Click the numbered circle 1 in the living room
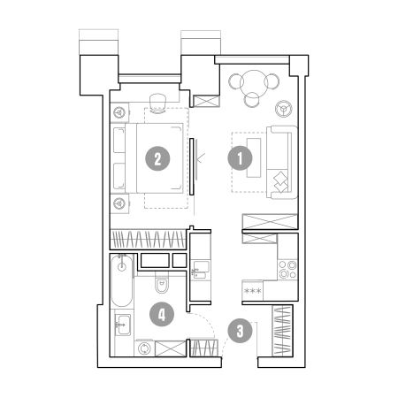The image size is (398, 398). click(x=240, y=158)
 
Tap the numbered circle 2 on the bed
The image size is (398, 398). click(x=157, y=159)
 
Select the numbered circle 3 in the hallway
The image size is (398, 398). click(x=241, y=331)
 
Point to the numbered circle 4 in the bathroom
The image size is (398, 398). click(x=162, y=314)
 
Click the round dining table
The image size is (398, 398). click(x=254, y=83)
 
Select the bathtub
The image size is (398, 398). click(x=122, y=280)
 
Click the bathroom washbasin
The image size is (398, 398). click(x=123, y=325)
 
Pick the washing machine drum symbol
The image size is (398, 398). click(x=144, y=348)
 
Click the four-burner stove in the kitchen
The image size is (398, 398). click(x=287, y=270)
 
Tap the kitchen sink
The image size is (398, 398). click(x=201, y=270)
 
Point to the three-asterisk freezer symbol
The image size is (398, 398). click(x=253, y=291)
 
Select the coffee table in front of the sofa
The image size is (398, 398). click(x=254, y=157)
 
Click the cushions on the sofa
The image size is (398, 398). click(x=280, y=181)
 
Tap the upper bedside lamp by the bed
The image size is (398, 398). click(x=119, y=112)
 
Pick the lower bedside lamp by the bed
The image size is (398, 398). click(x=119, y=203)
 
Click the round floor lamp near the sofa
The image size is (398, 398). click(x=284, y=109)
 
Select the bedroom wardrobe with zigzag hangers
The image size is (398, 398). click(x=148, y=239)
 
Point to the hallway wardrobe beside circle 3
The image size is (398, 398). click(x=282, y=331)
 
